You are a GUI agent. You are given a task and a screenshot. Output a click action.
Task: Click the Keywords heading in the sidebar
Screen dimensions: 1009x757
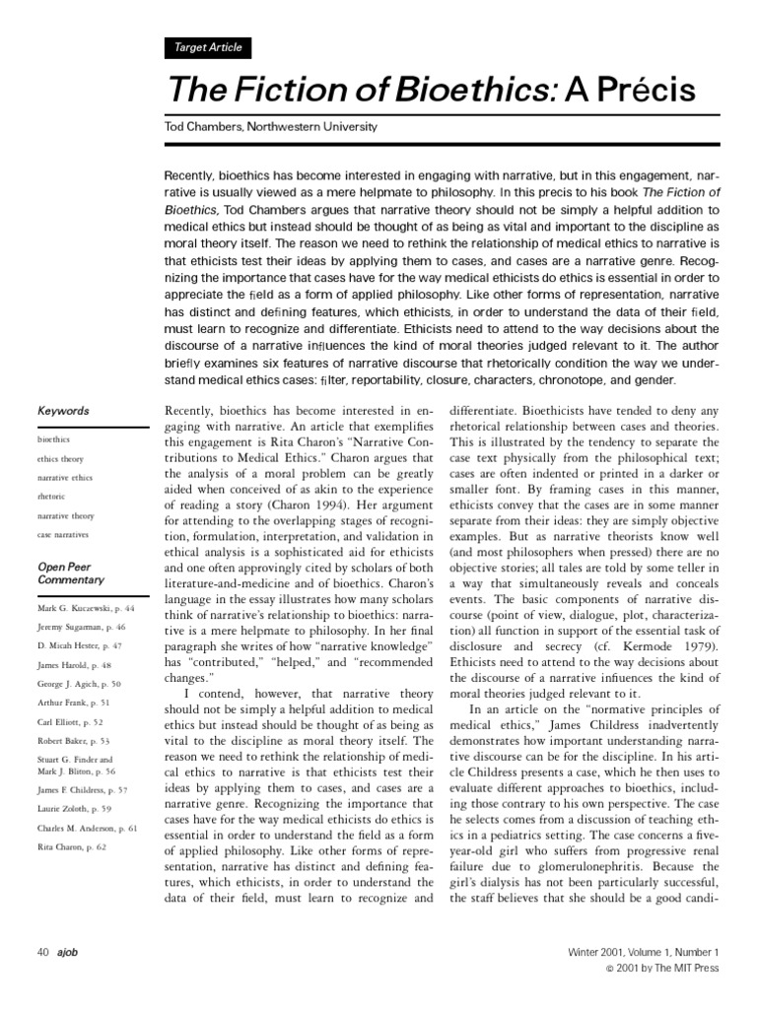point(63,411)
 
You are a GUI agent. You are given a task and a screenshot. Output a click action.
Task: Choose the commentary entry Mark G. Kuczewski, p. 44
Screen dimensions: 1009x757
point(85,610)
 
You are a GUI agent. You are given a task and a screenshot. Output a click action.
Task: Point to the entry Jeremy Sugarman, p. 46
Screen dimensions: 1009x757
point(82,628)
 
